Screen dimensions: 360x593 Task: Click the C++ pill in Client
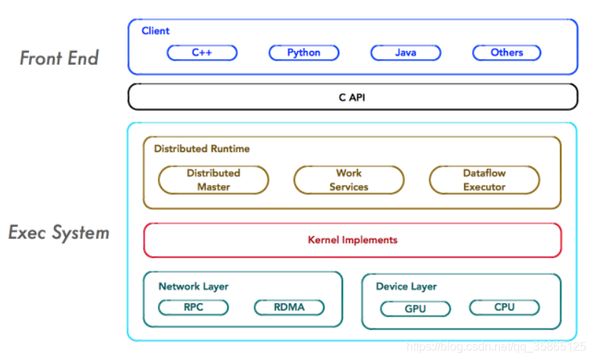click(202, 52)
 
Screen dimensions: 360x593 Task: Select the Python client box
click(304, 52)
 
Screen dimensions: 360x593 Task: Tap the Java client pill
click(406, 52)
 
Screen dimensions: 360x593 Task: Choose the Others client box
click(507, 52)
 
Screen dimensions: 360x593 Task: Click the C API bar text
click(352, 97)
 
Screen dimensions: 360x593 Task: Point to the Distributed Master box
click(213, 180)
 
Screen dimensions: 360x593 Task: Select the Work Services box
click(349, 180)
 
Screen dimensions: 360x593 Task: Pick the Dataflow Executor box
click(485, 180)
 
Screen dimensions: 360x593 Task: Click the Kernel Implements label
click(352, 240)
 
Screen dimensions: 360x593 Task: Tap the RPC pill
click(193, 307)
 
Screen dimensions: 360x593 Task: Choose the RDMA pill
click(289, 307)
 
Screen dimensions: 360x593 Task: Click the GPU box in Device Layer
click(416, 308)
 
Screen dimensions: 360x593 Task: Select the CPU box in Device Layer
click(504, 307)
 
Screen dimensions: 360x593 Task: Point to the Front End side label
click(59, 58)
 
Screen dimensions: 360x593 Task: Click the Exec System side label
click(59, 233)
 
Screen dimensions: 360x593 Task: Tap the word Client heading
click(156, 31)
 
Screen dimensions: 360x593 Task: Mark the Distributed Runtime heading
click(201, 148)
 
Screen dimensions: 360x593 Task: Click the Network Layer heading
click(193, 286)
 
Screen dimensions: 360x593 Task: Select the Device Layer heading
click(406, 286)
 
